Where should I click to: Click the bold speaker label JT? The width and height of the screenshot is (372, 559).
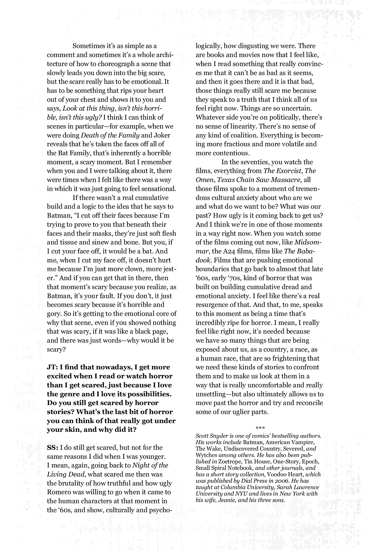52,367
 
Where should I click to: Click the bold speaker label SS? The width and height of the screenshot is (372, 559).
52,448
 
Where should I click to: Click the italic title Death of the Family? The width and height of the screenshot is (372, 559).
110,135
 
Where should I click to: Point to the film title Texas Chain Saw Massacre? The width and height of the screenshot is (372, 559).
259,180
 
